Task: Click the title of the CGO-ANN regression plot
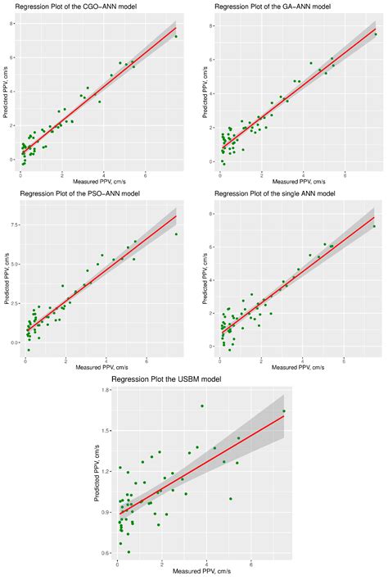click(x=70, y=7)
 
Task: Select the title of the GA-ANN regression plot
click(x=261, y=7)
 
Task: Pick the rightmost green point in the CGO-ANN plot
click(x=176, y=37)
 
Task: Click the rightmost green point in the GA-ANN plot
click(x=376, y=34)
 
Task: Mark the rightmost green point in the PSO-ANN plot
click(x=176, y=234)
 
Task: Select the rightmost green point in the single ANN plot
click(x=374, y=227)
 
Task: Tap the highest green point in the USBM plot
click(x=202, y=406)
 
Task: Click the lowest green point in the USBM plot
click(x=129, y=551)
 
